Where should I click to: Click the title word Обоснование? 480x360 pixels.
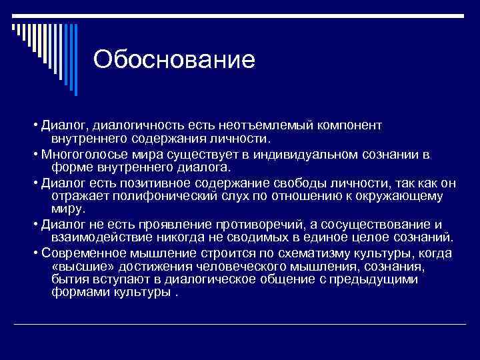click(x=174, y=60)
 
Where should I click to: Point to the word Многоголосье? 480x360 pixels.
click(x=81, y=155)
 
